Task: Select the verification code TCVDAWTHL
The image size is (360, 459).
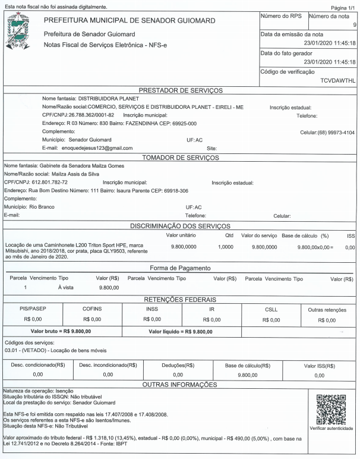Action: [337, 79]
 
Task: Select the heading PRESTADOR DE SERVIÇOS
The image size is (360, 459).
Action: [180, 90]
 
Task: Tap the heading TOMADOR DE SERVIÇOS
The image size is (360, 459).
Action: [180, 156]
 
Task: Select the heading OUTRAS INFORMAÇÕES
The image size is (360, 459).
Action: [180, 386]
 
